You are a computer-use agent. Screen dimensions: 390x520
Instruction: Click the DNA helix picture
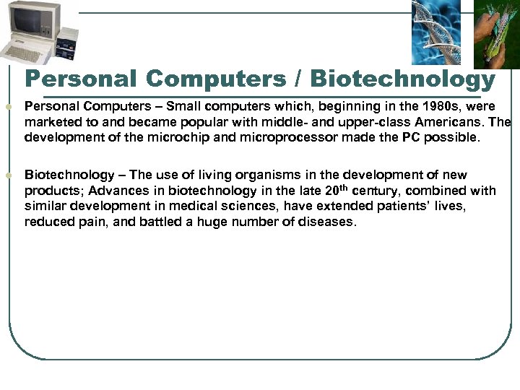(435, 32)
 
